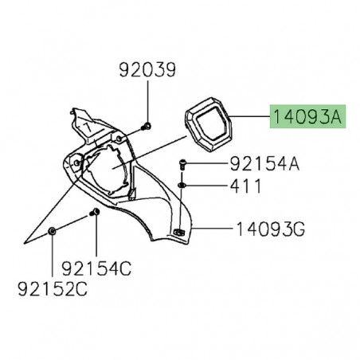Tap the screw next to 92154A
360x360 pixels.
(x=183, y=165)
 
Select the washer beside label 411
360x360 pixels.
(x=183, y=186)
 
